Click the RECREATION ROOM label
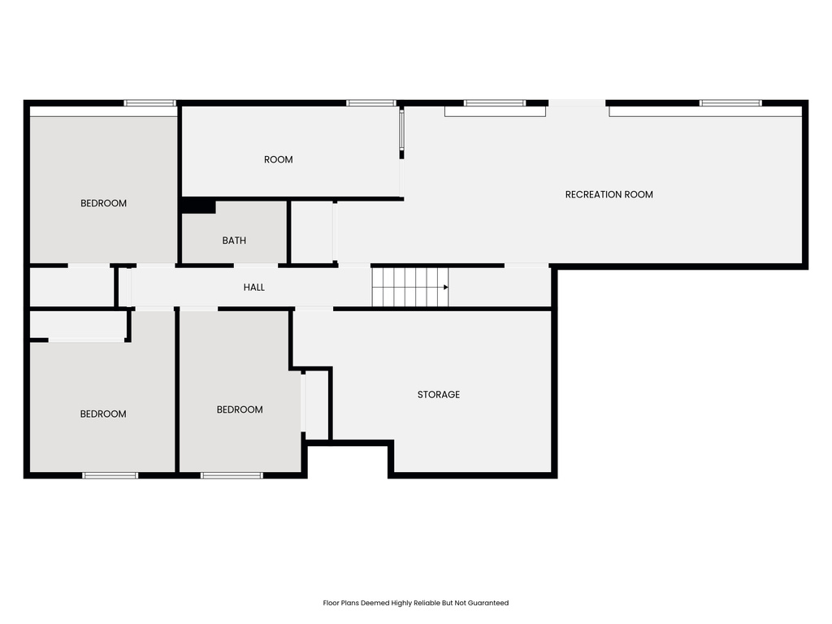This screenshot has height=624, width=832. (x=609, y=194)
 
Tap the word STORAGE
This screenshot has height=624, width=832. (x=438, y=394)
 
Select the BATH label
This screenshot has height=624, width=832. (x=234, y=240)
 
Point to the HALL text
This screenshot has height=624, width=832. (x=253, y=287)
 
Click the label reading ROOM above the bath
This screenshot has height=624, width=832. (x=278, y=159)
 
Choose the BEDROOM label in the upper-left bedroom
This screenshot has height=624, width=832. (x=103, y=203)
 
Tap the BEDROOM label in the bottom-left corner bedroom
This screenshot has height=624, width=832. (x=103, y=414)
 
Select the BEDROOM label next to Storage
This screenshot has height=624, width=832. (x=240, y=409)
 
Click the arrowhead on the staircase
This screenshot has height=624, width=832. (x=445, y=287)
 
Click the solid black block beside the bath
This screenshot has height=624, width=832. (x=197, y=206)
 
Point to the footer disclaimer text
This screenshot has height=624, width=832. (x=415, y=603)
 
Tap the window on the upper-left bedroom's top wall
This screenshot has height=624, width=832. (x=149, y=103)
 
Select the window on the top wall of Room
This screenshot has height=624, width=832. (x=370, y=103)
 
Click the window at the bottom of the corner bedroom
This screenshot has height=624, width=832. (x=110, y=475)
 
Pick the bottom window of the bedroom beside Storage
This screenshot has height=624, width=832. (x=232, y=475)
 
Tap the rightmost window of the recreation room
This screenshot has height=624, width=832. (x=730, y=103)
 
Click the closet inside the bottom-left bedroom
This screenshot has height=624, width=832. (x=78, y=325)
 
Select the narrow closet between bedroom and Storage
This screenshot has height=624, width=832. (x=315, y=404)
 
